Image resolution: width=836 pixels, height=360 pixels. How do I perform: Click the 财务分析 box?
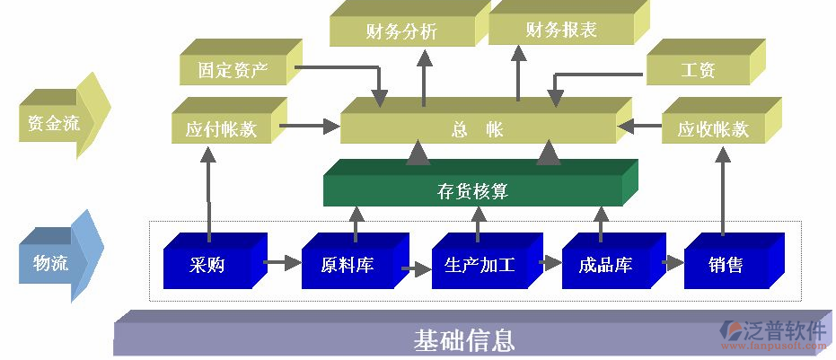[401, 32]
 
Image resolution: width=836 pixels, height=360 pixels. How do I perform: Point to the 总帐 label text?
[477, 129]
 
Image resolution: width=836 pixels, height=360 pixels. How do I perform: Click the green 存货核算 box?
[472, 190]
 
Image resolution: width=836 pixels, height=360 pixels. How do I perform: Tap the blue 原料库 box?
[347, 266]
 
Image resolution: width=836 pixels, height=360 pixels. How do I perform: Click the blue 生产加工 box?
[479, 266]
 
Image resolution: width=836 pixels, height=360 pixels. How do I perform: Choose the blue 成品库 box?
[605, 266]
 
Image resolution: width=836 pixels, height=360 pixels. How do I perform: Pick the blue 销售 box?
[726, 266]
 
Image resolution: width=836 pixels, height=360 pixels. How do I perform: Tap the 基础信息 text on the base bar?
[463, 340]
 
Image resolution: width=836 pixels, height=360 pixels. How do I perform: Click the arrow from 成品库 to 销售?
[673, 263]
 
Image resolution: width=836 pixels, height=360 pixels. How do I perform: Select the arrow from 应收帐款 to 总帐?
[640, 127]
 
